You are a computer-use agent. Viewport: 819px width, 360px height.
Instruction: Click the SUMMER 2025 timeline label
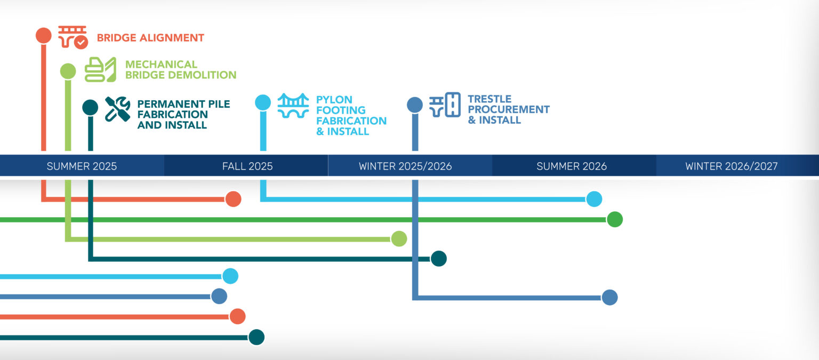pyautogui.click(x=82, y=166)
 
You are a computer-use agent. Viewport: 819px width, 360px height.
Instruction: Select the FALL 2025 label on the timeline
pyautogui.click(x=247, y=166)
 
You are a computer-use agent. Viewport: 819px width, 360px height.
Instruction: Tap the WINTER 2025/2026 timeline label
pyautogui.click(x=405, y=166)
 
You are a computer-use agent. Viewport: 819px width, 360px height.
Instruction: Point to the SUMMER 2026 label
pyautogui.click(x=572, y=166)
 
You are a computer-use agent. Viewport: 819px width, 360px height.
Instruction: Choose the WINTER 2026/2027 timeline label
pyautogui.click(x=732, y=166)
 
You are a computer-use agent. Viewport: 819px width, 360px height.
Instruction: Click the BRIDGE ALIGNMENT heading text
pyautogui.click(x=150, y=38)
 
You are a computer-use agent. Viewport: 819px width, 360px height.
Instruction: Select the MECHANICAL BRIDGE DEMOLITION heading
pyautogui.click(x=180, y=70)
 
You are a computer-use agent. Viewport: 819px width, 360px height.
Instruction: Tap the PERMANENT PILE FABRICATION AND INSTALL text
pyautogui.click(x=183, y=115)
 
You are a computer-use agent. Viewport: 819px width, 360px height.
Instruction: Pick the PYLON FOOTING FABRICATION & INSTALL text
pyautogui.click(x=351, y=115)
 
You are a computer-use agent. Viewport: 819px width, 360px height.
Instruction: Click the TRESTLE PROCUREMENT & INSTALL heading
pyautogui.click(x=508, y=109)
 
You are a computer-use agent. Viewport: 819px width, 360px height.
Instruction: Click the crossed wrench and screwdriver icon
pyautogui.click(x=117, y=109)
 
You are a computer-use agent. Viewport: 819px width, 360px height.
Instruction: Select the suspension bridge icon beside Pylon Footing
pyautogui.click(x=293, y=106)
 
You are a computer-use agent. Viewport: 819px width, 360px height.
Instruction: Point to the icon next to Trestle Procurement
pyautogui.click(x=445, y=105)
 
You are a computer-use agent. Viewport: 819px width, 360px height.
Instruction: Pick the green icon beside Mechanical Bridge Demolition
pyautogui.click(x=100, y=70)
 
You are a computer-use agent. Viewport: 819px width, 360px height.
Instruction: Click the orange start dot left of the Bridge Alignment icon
pyautogui.click(x=44, y=35)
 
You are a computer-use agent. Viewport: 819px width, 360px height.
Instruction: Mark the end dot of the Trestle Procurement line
pyautogui.click(x=609, y=298)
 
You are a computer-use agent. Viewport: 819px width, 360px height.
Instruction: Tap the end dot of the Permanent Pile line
pyautogui.click(x=438, y=259)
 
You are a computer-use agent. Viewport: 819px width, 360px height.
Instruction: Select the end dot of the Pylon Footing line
pyautogui.click(x=594, y=199)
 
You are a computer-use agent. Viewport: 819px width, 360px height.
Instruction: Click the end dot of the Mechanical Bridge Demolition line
pyautogui.click(x=399, y=239)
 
